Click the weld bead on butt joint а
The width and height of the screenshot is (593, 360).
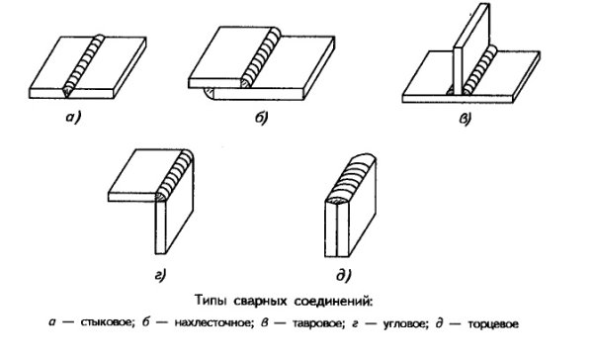[87, 65]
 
